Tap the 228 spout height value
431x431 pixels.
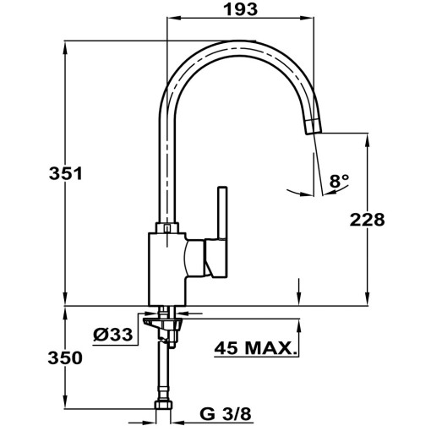point(368,220)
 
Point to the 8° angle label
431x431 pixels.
point(339,181)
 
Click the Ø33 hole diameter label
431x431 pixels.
point(112,335)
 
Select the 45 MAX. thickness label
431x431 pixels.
point(256,348)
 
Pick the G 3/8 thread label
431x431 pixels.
point(225,415)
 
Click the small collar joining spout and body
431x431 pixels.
point(167,227)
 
